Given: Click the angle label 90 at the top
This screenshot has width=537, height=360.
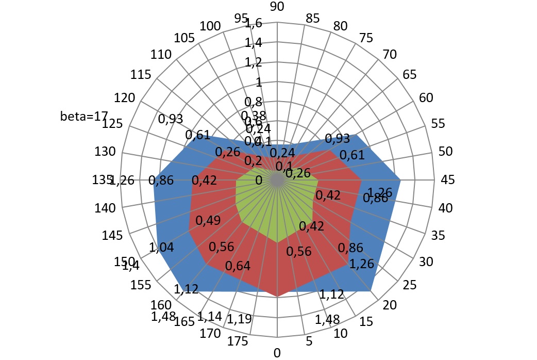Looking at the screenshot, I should [x=277, y=6].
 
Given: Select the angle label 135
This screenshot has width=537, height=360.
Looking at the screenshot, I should [x=100, y=180].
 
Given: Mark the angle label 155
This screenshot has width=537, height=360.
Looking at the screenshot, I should [x=141, y=286].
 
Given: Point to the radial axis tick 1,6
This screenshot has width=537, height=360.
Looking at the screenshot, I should [x=254, y=23].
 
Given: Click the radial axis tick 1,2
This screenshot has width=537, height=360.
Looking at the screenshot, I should [x=254, y=63].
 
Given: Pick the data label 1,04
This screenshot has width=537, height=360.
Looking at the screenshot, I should [x=162, y=247].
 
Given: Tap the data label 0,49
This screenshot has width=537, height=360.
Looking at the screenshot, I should [x=208, y=220].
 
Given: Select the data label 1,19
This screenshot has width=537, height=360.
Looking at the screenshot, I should [x=240, y=319].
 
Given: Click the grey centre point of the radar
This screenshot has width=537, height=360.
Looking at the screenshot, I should [x=277, y=180].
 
